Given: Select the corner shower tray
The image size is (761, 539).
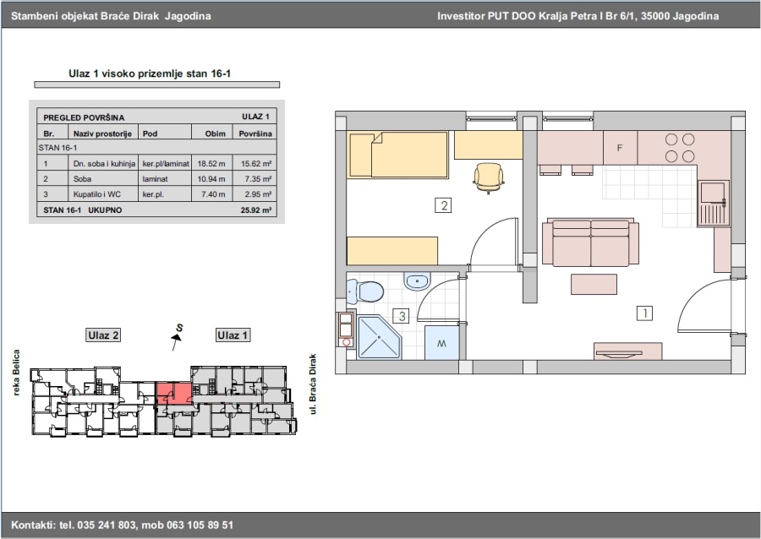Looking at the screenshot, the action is (380, 337).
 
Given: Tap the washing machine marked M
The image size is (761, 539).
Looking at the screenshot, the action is (441, 343).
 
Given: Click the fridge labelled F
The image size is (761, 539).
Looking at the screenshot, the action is (621, 148).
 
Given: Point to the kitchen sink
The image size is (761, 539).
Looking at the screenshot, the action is (713, 204).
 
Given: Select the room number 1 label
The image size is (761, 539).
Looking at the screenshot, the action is (645, 313).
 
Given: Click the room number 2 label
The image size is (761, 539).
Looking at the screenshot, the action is (444, 205).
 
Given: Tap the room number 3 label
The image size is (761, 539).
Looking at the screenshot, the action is (402, 317).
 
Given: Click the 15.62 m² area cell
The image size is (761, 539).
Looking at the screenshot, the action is (255, 164).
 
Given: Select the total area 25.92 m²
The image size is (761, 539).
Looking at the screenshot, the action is (255, 210).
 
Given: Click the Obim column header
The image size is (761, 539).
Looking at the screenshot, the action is (215, 133).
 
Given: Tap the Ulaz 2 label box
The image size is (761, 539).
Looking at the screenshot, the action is (103, 335).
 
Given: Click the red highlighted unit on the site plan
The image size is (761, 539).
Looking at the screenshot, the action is (173, 393).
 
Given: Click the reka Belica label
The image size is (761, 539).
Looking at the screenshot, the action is (17, 373).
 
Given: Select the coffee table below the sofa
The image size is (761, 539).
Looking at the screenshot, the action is (594, 284).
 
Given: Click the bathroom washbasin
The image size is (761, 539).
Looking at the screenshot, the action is (417, 281).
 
